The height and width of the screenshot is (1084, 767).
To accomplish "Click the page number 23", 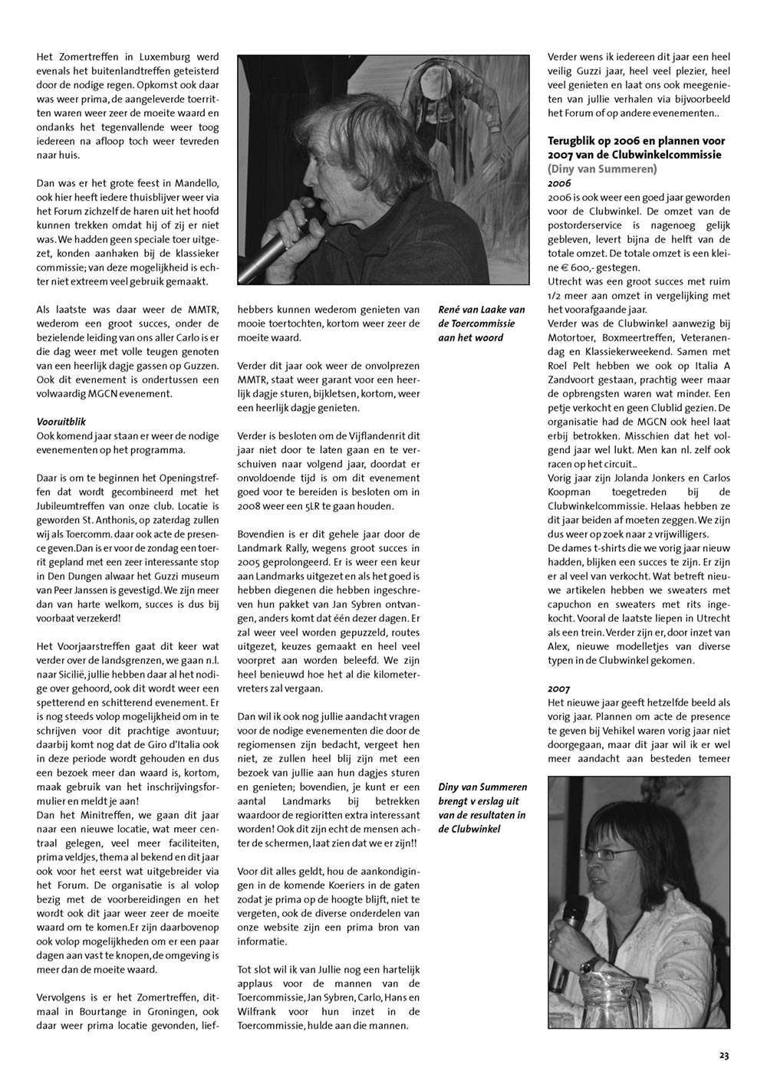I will [724, 1055].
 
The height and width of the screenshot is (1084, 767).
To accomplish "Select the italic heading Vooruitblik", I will [61, 422].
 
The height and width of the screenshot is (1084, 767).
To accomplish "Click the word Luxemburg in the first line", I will [156, 57].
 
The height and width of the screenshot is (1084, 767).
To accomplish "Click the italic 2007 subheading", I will [559, 688].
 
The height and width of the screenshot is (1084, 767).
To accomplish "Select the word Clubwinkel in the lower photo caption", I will [469, 829].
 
